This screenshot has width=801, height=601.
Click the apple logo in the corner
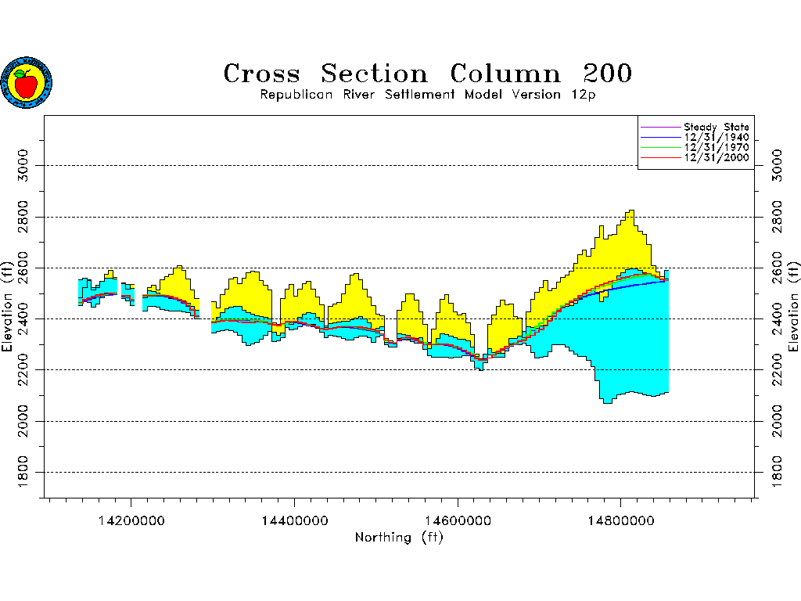(x=27, y=82)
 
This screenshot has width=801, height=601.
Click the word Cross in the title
(x=261, y=74)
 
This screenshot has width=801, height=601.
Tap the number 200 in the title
(x=607, y=74)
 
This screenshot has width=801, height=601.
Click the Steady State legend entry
(x=716, y=127)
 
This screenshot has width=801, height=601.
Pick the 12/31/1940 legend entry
(x=716, y=137)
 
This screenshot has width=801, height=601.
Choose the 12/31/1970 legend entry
(x=716, y=147)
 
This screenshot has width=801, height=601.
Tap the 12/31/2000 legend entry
(x=716, y=157)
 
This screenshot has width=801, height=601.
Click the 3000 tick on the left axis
(x=22, y=166)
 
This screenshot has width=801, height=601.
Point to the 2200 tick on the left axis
(x=22, y=369)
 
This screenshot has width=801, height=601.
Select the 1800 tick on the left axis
(x=22, y=472)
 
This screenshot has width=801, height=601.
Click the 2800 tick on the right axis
(x=777, y=217)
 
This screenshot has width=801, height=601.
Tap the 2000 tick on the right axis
(x=777, y=421)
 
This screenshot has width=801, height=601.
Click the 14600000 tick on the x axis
(x=458, y=519)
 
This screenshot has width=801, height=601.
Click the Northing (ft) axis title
(x=399, y=537)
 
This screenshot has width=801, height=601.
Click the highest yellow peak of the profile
(x=630, y=213)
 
